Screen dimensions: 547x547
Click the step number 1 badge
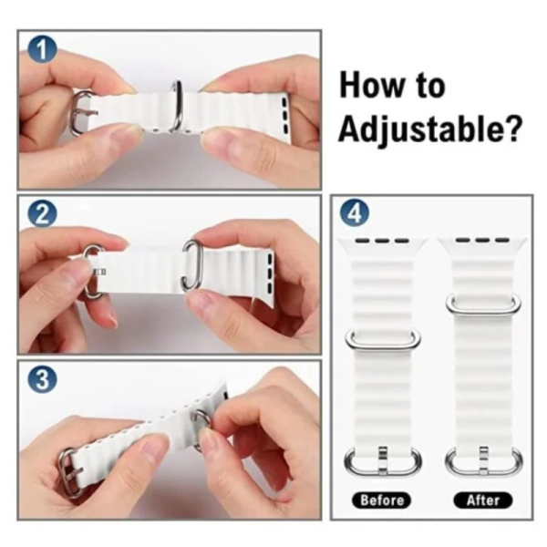click(x=42, y=50)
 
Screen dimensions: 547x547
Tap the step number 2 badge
click(x=42, y=214)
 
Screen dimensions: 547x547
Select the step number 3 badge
click(x=42, y=379)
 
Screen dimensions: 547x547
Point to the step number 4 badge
click(x=355, y=213)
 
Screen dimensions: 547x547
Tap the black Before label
click(x=382, y=501)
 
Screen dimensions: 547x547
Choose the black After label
click(x=483, y=501)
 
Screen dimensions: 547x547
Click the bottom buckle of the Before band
click(x=383, y=471)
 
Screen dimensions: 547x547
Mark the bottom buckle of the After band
click(x=484, y=471)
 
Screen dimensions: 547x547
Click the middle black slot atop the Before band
click(x=382, y=241)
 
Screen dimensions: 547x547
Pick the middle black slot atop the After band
click(x=482, y=240)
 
